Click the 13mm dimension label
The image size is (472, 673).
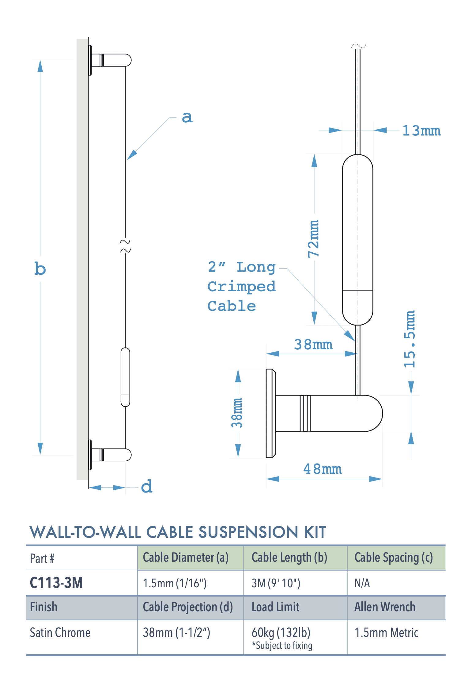coord(421,131)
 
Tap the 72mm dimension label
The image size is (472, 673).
coord(314,239)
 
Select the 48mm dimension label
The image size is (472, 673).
coord(322,469)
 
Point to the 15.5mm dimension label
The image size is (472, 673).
coord(410,339)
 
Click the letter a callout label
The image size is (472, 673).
coord(187,117)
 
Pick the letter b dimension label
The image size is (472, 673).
coord(40,269)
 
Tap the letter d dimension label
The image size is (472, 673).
coord(147,486)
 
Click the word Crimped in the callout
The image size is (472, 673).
coord(241,287)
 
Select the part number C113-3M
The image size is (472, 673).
coord(56,583)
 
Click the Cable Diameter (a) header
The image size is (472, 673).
coord(186,558)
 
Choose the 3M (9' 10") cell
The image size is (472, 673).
coord(276,583)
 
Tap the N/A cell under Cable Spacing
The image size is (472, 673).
coord(362,583)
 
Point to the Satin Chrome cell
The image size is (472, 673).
coord(60,633)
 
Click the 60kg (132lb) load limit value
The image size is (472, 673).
coord(281,632)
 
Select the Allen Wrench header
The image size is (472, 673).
coord(385,607)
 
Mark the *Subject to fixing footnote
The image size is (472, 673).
coord(282,645)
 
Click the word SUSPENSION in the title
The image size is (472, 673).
coord(248,532)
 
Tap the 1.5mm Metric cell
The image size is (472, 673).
coord(386,633)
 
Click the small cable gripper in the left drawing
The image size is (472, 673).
coord(125,377)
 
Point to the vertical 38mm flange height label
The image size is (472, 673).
coord(237,413)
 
